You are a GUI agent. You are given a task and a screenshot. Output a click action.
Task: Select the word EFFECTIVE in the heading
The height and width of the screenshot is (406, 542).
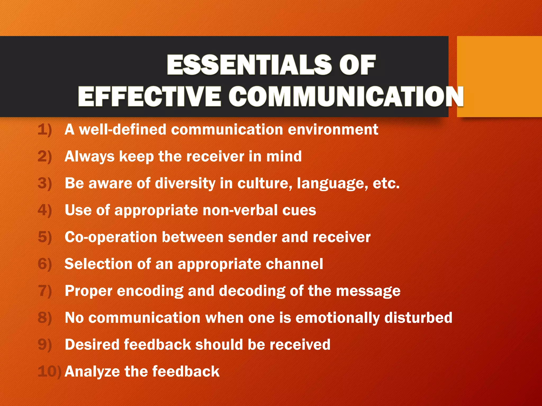[149, 96]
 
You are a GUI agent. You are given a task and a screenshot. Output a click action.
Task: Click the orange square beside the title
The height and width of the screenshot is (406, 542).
[499, 76]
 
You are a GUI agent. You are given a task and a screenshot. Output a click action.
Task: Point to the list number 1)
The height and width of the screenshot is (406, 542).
[45, 130]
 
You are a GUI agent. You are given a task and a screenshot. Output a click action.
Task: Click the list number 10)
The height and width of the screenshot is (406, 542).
[49, 371]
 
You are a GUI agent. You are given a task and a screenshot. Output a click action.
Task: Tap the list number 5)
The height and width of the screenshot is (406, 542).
[45, 237]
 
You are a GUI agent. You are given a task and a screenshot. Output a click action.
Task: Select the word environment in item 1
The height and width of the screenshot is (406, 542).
[333, 130]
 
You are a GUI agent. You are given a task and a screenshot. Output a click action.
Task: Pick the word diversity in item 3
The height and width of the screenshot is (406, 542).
[185, 183]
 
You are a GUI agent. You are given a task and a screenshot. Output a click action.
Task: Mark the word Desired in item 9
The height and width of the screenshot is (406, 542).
[92, 345]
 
